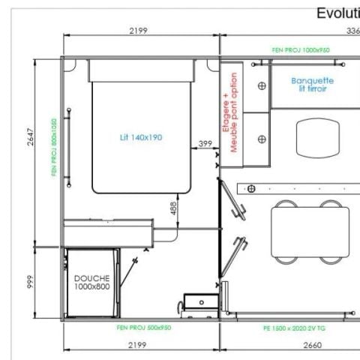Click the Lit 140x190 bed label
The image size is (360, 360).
point(141,137)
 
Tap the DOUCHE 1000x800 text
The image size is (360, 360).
point(91,282)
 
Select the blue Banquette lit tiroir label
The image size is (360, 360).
point(313,84)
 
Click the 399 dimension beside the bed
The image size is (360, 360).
point(205,143)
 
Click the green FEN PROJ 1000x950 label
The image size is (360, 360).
point(300,50)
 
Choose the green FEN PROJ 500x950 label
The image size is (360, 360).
point(144,328)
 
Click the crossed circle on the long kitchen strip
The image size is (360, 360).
point(251,187)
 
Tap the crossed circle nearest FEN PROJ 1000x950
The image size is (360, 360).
point(261,85)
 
